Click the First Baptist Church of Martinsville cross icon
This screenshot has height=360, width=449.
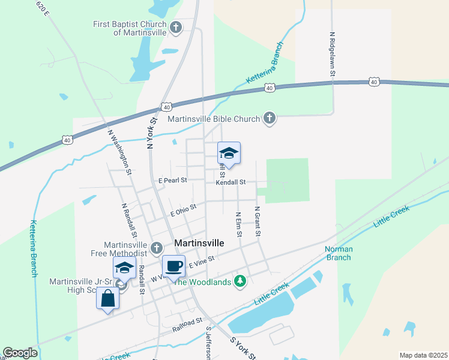[x=176, y=26]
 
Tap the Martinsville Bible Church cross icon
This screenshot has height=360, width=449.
[x=270, y=118]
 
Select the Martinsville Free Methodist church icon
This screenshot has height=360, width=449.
[x=157, y=248]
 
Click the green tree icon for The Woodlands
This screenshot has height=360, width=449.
[x=240, y=281]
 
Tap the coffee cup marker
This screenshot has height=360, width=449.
[x=174, y=266]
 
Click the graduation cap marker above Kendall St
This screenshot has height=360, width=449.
[x=229, y=154]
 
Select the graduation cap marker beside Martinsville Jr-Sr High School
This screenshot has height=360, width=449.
[x=124, y=268]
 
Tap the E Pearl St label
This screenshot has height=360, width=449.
[x=173, y=180]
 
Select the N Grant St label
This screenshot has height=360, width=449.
[x=257, y=221]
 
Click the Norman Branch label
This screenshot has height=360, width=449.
[x=339, y=253]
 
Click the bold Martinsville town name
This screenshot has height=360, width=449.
[x=199, y=244]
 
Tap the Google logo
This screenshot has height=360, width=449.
[x=20, y=353]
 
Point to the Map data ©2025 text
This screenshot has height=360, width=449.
[x=423, y=355]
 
